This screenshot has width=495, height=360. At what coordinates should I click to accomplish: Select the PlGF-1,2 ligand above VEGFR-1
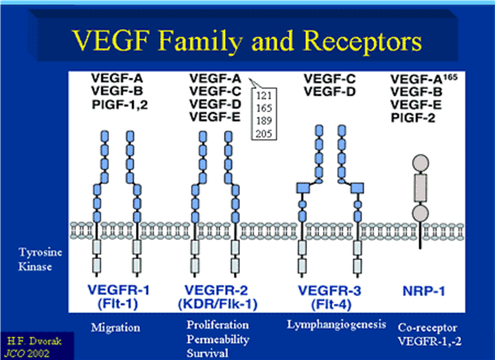coord(120,104)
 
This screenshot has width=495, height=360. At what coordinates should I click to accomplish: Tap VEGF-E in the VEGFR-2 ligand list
coord(215,117)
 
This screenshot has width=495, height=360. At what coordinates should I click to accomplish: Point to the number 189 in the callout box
coord(264,121)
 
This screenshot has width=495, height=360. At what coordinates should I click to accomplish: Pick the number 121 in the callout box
coord(264,95)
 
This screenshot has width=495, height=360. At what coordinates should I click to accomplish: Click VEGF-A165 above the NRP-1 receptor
coord(424,79)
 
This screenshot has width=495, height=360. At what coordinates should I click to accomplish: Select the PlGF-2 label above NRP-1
coord(413,118)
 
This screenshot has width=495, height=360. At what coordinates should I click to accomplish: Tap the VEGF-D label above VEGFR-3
coord(329,92)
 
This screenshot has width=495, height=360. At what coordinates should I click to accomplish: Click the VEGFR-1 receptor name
coord(118,290)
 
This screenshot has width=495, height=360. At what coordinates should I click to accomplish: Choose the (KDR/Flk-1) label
coord(217,304)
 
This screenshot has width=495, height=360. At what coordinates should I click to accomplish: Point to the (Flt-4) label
coord(331,304)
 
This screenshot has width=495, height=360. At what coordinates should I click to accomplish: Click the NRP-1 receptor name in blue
coord(424,291)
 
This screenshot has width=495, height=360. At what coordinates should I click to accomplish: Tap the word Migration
coord(115,328)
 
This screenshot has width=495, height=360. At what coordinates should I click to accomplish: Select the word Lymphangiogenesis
coord(337,325)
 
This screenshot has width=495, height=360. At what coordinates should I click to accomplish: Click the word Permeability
coord(217,340)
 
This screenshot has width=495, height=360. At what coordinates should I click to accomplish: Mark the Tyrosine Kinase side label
coord(40,259)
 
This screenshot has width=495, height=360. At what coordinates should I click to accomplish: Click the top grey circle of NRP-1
coord(421,163)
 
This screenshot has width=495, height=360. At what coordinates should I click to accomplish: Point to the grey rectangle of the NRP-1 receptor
coord(421,188)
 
